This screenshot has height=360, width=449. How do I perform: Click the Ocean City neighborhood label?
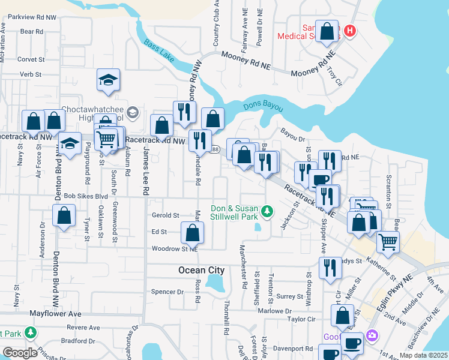(201, 270)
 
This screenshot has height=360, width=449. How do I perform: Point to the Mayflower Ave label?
(55, 313)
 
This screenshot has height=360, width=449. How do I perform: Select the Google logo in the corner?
(19, 352)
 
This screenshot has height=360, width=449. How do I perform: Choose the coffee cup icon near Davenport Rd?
(352, 343)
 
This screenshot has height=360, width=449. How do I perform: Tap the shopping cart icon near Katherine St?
(388, 242)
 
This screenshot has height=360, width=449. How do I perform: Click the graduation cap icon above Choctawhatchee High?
(108, 80)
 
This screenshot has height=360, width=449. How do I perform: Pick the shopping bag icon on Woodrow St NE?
(192, 233)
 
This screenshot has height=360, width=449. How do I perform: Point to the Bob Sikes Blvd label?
(85, 196)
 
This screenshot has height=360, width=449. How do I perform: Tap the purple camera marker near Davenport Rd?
(373, 335)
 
